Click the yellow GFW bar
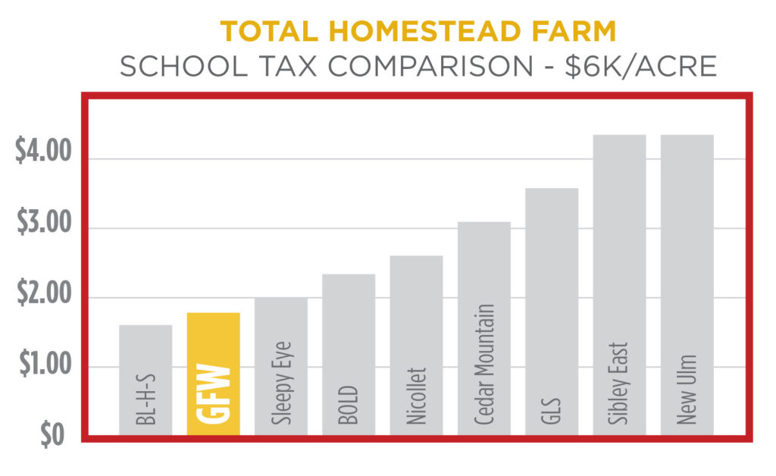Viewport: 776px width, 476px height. coord(213,374)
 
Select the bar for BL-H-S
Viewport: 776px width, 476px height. coord(145,380)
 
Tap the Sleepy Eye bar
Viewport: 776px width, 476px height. coord(281,366)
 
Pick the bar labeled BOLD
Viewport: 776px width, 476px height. coord(349,355)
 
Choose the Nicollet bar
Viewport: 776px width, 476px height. coord(416,346)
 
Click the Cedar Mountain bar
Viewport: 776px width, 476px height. coord(484,328)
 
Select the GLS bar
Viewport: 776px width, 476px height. coord(552,312)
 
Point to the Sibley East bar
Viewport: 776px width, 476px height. coord(619,285)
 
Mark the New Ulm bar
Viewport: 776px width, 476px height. coord(687,285)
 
